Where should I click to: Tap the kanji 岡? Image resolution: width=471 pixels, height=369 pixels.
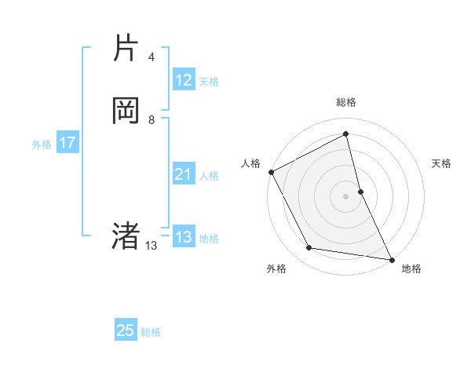pyautogui.click(x=126, y=111)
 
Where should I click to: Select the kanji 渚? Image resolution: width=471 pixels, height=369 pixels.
pyautogui.click(x=126, y=236)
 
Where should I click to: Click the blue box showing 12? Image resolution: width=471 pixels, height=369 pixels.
pyautogui.click(x=184, y=80)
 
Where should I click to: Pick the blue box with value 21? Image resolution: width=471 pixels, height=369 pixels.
pyautogui.click(x=184, y=174)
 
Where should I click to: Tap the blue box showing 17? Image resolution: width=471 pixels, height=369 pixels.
pyautogui.click(x=68, y=144)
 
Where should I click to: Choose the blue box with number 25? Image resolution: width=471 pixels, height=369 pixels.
pyautogui.click(x=126, y=331)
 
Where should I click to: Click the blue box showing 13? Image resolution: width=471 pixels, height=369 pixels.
pyautogui.click(x=184, y=237)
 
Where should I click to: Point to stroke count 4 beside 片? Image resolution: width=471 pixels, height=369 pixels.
pyautogui.click(x=152, y=57)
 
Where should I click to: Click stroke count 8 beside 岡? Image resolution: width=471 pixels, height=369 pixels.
pyautogui.click(x=152, y=120)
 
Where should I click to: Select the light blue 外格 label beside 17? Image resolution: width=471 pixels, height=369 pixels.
pyautogui.click(x=42, y=144)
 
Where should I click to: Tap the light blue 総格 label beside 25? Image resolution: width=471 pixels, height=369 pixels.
pyautogui.click(x=151, y=332)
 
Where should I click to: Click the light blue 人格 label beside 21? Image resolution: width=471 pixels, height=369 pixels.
pyautogui.click(x=210, y=176)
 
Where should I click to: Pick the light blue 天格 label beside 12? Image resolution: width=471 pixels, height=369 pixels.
pyautogui.click(x=209, y=82)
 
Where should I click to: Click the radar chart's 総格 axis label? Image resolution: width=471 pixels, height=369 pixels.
pyautogui.click(x=346, y=102)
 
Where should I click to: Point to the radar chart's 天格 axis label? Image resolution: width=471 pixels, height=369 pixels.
pyautogui.click(x=441, y=163)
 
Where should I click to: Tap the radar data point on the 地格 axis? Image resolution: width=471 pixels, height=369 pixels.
pyautogui.click(x=391, y=258)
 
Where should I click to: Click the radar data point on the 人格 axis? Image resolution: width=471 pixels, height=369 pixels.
pyautogui.click(x=271, y=172)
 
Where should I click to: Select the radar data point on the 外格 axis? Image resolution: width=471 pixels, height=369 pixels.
pyautogui.click(x=309, y=248)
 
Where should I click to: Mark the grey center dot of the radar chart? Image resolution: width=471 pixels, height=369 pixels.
pyautogui.click(x=346, y=196)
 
